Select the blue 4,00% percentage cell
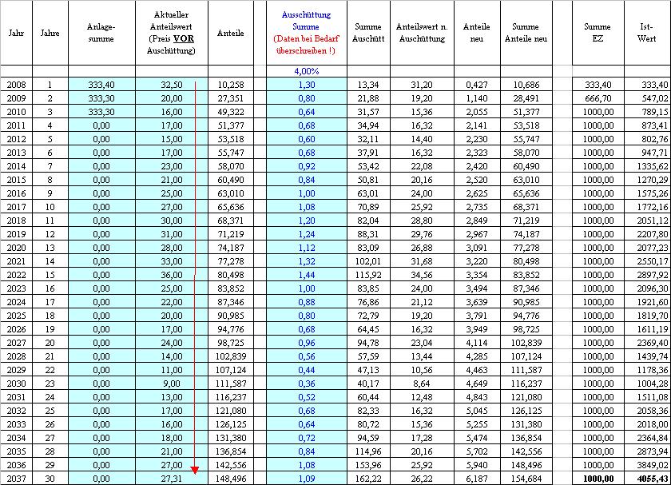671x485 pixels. pos(306,71)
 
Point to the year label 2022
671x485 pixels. pos(16,274)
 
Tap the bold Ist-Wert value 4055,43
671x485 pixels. pos(652,478)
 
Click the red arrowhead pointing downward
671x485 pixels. pos(195,469)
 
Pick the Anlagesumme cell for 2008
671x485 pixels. pos(101,84)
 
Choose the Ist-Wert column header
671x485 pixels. pos(647,33)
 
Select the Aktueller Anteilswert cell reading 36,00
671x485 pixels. pos(171,274)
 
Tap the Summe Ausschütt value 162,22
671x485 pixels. pos(368,478)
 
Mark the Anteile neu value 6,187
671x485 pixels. pos(476,478)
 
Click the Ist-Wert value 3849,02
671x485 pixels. pos(652,464)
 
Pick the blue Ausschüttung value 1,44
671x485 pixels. pos(306,274)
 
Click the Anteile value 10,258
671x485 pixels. pos(230,84)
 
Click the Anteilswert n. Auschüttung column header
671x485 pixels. pos(420,33)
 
